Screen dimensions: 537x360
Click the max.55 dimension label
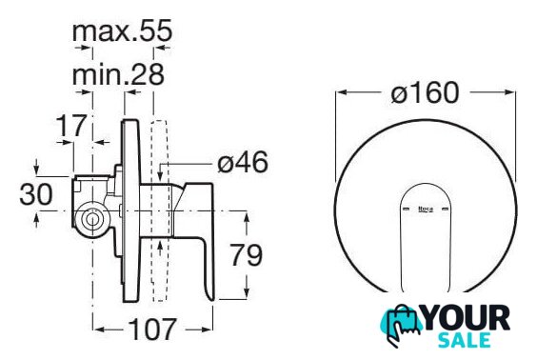122,30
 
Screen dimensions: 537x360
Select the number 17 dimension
71,126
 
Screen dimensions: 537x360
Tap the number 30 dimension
36,194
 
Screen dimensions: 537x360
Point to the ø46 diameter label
243,162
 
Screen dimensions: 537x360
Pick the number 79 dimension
246,255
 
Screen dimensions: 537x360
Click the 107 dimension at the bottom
152,330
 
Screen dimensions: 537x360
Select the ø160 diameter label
425,92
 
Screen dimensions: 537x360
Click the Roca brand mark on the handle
426,209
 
